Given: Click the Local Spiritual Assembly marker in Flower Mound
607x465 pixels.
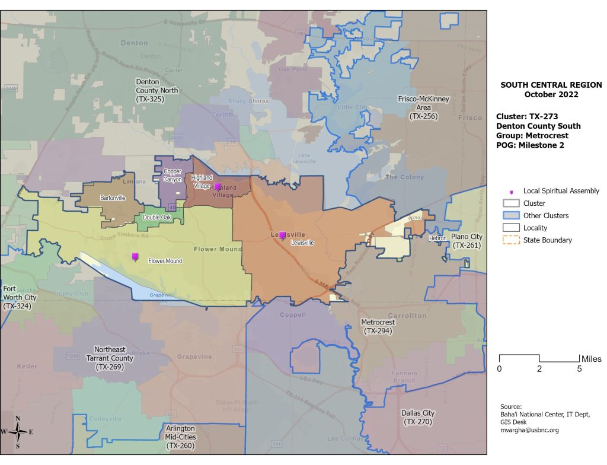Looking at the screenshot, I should pos(135,257).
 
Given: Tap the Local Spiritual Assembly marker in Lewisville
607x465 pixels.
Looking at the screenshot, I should pos(283,235).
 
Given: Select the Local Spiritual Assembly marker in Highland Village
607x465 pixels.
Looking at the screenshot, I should pos(218,187).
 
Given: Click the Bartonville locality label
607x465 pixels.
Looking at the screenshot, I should pos(113,198).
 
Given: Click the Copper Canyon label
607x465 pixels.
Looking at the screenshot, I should pos(172,175).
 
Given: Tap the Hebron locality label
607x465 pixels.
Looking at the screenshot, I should pos(437,238).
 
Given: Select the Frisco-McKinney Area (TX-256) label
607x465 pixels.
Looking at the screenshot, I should pos(423,107).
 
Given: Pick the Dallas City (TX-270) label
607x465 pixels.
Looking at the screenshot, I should pos(418,417).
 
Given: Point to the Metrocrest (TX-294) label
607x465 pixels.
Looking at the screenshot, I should pos(377,326).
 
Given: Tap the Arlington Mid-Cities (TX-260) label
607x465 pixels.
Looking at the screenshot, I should pos(180,436).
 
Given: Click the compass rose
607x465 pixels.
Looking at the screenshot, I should pos(18,432).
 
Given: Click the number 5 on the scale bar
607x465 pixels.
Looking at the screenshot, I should pos(579,369).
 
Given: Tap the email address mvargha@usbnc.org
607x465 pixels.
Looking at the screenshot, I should pos(529,430).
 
